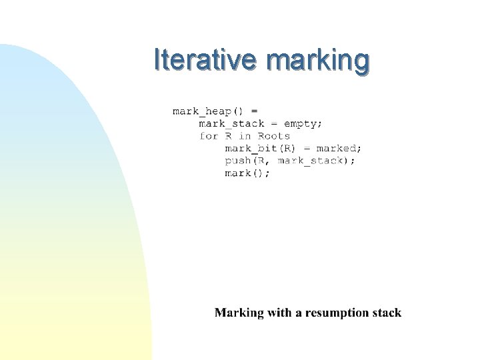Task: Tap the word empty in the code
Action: [x=302, y=123]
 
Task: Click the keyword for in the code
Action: [x=209, y=136]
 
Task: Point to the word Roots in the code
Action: [x=274, y=136]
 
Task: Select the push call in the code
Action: [x=237, y=161]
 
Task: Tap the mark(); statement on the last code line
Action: [x=247, y=173]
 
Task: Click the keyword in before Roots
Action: [x=245, y=136]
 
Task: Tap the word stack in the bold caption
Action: [x=388, y=313]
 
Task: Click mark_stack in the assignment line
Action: [x=231, y=123]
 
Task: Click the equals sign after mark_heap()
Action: [x=254, y=111]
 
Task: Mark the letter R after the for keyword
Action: [x=229, y=136]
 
